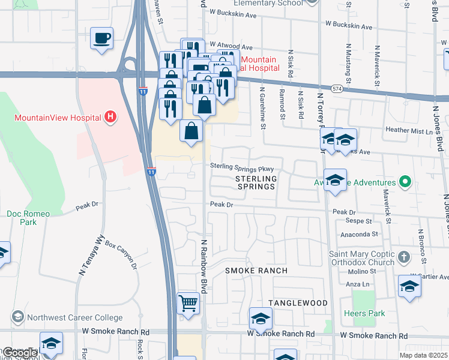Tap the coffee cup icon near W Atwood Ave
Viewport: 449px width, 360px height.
click(x=101, y=39)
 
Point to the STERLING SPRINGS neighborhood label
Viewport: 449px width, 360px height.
click(x=256, y=182)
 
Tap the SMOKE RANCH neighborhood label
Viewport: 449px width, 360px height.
click(x=256, y=271)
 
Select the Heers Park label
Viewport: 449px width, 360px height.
click(x=364, y=314)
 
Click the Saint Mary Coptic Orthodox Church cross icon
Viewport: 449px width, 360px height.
click(x=404, y=257)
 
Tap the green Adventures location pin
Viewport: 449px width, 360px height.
click(x=405, y=182)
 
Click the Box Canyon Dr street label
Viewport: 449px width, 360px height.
click(x=121, y=254)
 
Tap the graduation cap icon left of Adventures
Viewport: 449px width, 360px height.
click(x=335, y=179)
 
